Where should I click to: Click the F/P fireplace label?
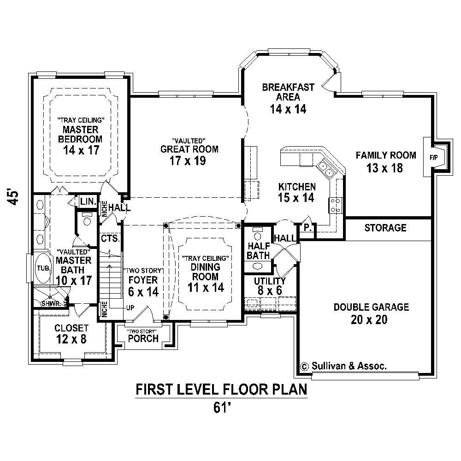coord(433,157)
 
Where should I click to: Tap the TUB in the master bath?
coord(42,268)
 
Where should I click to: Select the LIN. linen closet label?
coord(88,201)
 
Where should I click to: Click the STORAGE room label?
coord(385,228)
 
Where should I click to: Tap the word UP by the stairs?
coord(130,307)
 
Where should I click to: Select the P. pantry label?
coord(306,227)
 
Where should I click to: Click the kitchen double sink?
coord(326,169)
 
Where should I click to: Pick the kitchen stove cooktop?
coord(335,205)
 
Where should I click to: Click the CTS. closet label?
coord(111,239)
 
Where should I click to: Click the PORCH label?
coord(143,339)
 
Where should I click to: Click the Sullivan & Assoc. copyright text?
coord(343,366)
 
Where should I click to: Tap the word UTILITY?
coord(270,281)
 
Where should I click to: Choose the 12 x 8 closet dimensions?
coord(71,339)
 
